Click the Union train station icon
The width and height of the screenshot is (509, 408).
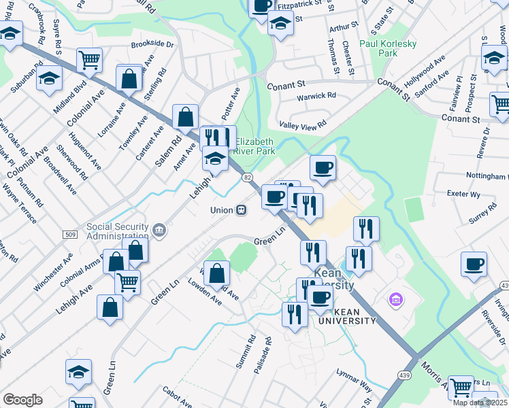pyautogui.click(x=241, y=210)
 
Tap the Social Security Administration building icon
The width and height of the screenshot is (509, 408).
pyautogui.click(x=159, y=231)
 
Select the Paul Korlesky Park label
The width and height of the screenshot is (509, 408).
pyautogui.click(x=387, y=48)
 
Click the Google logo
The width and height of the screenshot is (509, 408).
pyautogui.click(x=22, y=399)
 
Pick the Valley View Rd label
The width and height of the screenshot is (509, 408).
pyautogui.click(x=303, y=124)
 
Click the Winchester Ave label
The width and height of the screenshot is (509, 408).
pyautogui.click(x=52, y=272)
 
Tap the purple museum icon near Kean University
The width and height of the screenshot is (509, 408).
pyautogui.click(x=394, y=299)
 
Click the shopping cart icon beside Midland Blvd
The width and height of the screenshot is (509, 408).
pyautogui.click(x=89, y=61)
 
